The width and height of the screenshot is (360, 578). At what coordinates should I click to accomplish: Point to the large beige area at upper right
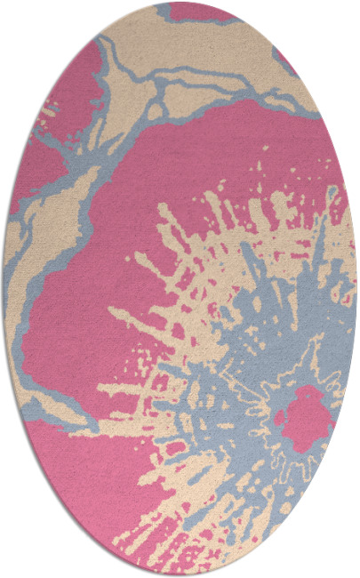[222, 53]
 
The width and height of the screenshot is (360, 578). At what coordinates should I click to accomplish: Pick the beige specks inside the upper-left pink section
[46, 116]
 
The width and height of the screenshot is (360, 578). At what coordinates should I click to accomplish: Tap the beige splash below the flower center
[267, 498]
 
